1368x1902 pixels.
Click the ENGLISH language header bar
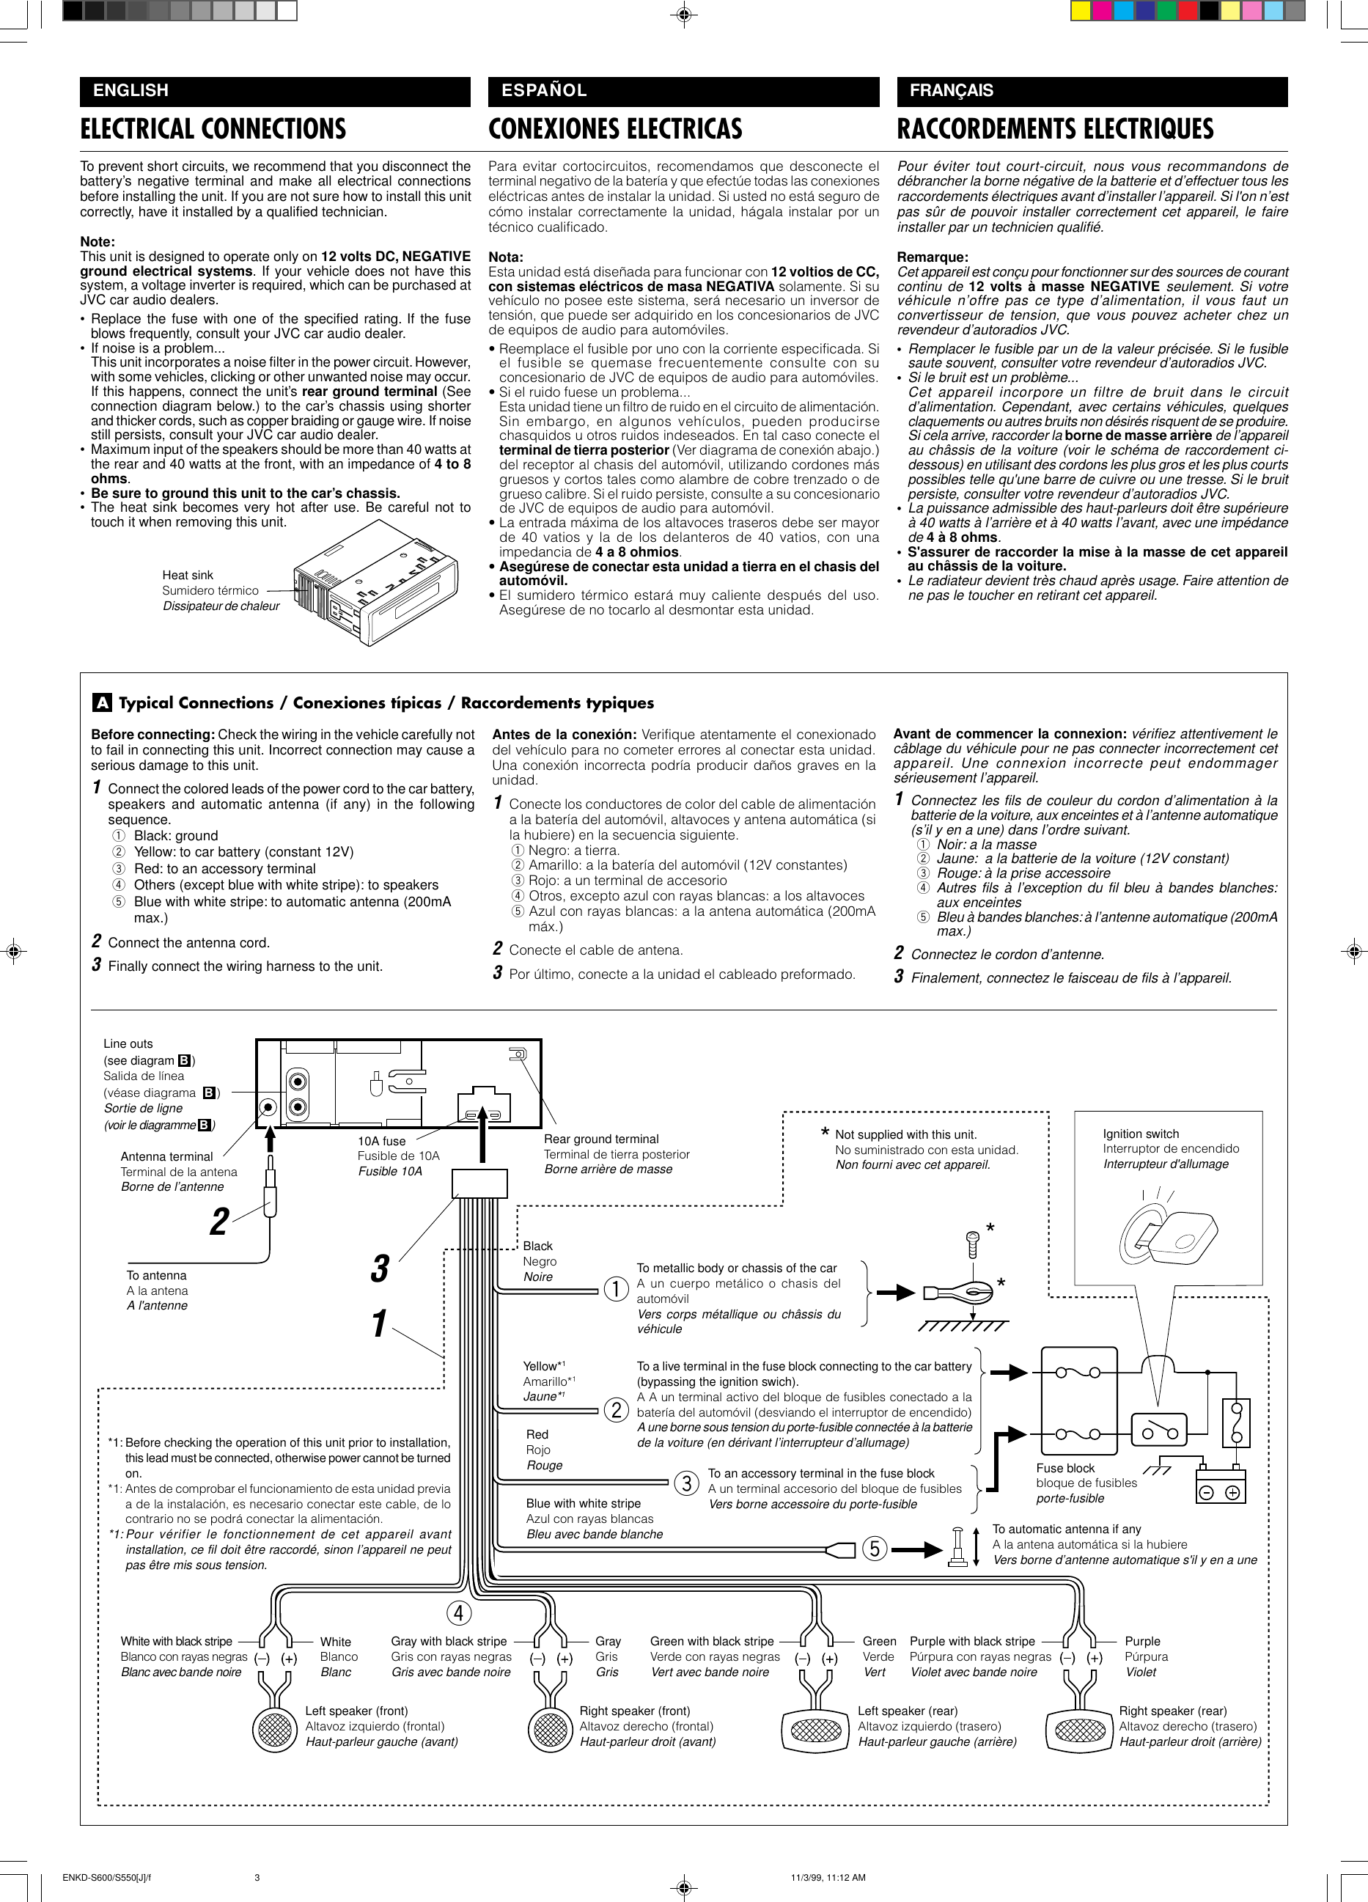click(x=274, y=91)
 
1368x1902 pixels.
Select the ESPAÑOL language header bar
click(x=683, y=91)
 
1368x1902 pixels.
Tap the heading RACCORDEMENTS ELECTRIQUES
click(x=1055, y=128)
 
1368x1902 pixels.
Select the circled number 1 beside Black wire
click(x=617, y=1288)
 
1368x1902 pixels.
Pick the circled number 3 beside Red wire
click(x=686, y=1483)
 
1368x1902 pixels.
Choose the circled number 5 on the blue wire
click(x=874, y=1548)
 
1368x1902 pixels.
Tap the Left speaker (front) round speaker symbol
click(x=273, y=1729)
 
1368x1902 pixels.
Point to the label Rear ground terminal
click(x=600, y=1139)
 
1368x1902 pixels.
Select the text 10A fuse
click(x=382, y=1140)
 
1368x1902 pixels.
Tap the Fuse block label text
click(x=1065, y=1468)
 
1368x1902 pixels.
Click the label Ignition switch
click(x=1141, y=1134)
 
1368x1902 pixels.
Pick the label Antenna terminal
click(x=166, y=1156)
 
